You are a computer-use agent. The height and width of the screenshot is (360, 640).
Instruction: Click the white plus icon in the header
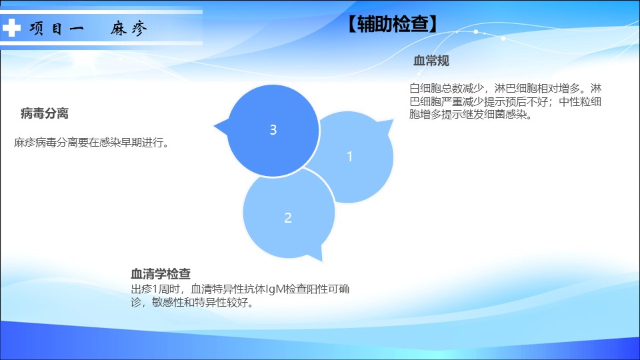(x=11, y=28)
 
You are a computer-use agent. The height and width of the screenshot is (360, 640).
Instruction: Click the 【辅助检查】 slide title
(x=392, y=24)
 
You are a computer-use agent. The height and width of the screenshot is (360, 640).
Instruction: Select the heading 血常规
(x=431, y=61)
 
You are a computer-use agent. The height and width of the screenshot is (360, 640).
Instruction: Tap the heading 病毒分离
(x=45, y=113)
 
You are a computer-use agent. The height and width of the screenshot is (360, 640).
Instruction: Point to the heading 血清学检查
(x=161, y=273)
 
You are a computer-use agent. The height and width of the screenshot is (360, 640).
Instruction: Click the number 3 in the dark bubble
(x=273, y=130)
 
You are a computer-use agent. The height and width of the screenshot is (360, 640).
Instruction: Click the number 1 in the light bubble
(x=349, y=156)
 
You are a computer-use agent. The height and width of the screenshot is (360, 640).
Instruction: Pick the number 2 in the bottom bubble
(x=288, y=217)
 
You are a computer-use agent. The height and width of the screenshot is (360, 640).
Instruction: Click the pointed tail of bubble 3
(x=215, y=127)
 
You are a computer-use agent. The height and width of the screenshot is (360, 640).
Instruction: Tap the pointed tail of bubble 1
(x=392, y=121)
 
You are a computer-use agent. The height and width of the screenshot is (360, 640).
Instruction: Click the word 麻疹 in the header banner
(x=129, y=29)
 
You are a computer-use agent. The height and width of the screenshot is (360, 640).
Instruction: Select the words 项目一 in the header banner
(x=57, y=29)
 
